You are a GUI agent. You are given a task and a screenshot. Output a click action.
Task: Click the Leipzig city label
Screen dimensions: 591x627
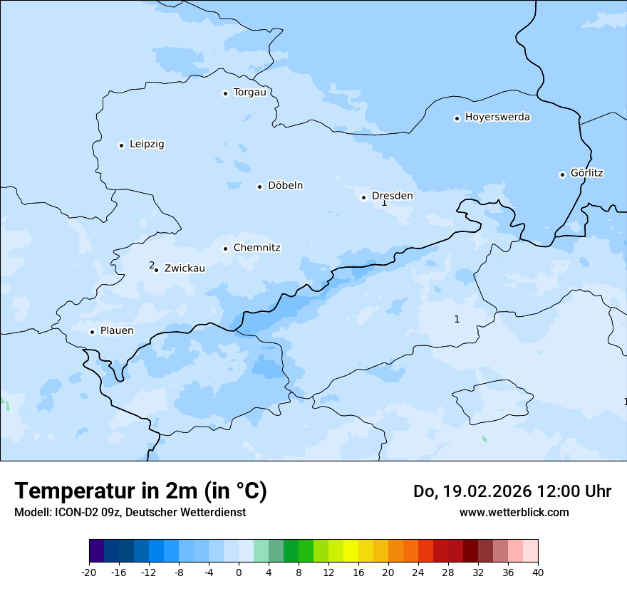coord(147,144)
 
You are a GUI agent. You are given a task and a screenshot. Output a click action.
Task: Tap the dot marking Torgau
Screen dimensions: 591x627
coord(225,93)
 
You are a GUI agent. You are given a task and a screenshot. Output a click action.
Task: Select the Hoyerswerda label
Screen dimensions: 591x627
coord(497,117)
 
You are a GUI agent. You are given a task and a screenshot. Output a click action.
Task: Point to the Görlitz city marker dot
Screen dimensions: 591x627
coord(562,174)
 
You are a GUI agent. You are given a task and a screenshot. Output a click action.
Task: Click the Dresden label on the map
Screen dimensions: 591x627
coord(392,196)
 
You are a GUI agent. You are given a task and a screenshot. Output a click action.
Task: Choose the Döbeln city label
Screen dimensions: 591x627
coord(285,185)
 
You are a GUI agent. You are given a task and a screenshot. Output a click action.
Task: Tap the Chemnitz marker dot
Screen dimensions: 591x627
coord(225,249)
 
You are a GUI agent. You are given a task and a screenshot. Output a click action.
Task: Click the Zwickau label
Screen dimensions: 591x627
coord(185,268)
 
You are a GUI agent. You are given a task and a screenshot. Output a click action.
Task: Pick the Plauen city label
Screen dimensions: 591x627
coord(116,330)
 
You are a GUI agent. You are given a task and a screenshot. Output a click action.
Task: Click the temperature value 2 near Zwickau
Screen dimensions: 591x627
coord(152,265)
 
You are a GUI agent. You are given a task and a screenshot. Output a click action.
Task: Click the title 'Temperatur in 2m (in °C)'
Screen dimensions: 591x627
coord(140,491)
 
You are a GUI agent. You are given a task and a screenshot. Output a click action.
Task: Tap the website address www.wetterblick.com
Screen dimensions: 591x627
coord(514,512)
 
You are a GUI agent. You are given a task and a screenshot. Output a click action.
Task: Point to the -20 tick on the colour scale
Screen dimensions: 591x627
coord(89,572)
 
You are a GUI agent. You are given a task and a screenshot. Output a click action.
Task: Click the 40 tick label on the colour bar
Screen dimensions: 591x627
coord(538,572)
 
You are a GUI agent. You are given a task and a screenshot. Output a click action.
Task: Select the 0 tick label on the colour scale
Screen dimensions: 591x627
coord(239,572)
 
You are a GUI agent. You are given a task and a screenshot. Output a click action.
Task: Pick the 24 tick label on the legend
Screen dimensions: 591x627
coord(418,572)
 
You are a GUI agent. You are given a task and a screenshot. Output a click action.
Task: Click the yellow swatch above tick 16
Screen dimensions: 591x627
coord(351,551)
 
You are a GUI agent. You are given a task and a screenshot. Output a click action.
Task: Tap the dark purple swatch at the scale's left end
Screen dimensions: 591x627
coord(96,551)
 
